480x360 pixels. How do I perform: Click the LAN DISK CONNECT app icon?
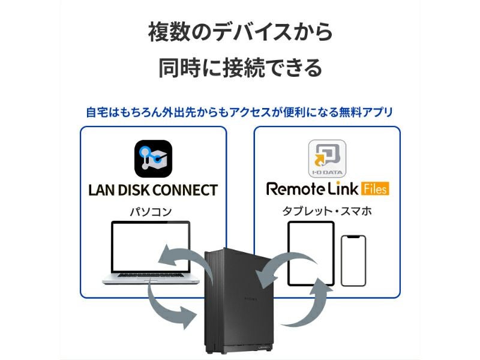[153, 159]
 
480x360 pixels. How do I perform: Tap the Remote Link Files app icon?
[327, 158]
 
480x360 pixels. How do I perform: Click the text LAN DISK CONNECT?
[153, 190]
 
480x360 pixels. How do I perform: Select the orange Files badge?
[375, 189]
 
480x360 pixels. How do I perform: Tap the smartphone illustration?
[353, 260]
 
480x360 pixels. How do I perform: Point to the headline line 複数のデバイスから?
[240, 32]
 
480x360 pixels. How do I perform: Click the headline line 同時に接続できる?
[240, 67]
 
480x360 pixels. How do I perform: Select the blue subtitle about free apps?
[240, 112]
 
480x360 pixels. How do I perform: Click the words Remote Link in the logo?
[312, 189]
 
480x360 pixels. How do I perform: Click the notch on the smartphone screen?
[353, 238]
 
